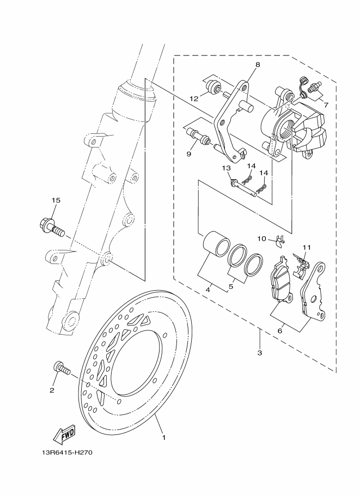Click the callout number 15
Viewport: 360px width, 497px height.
55,200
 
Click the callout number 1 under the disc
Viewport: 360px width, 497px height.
162,436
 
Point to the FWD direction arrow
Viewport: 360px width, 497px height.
64,434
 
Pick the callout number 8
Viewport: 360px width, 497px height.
258,64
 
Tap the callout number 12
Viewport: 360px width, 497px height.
194,99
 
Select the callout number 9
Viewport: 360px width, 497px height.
188,154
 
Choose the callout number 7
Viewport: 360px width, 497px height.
326,104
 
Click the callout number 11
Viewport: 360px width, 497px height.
306,248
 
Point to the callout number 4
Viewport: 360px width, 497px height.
208,290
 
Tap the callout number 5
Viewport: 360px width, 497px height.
231,285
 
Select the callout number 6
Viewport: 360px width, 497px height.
279,330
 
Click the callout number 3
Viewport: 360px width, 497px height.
260,352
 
